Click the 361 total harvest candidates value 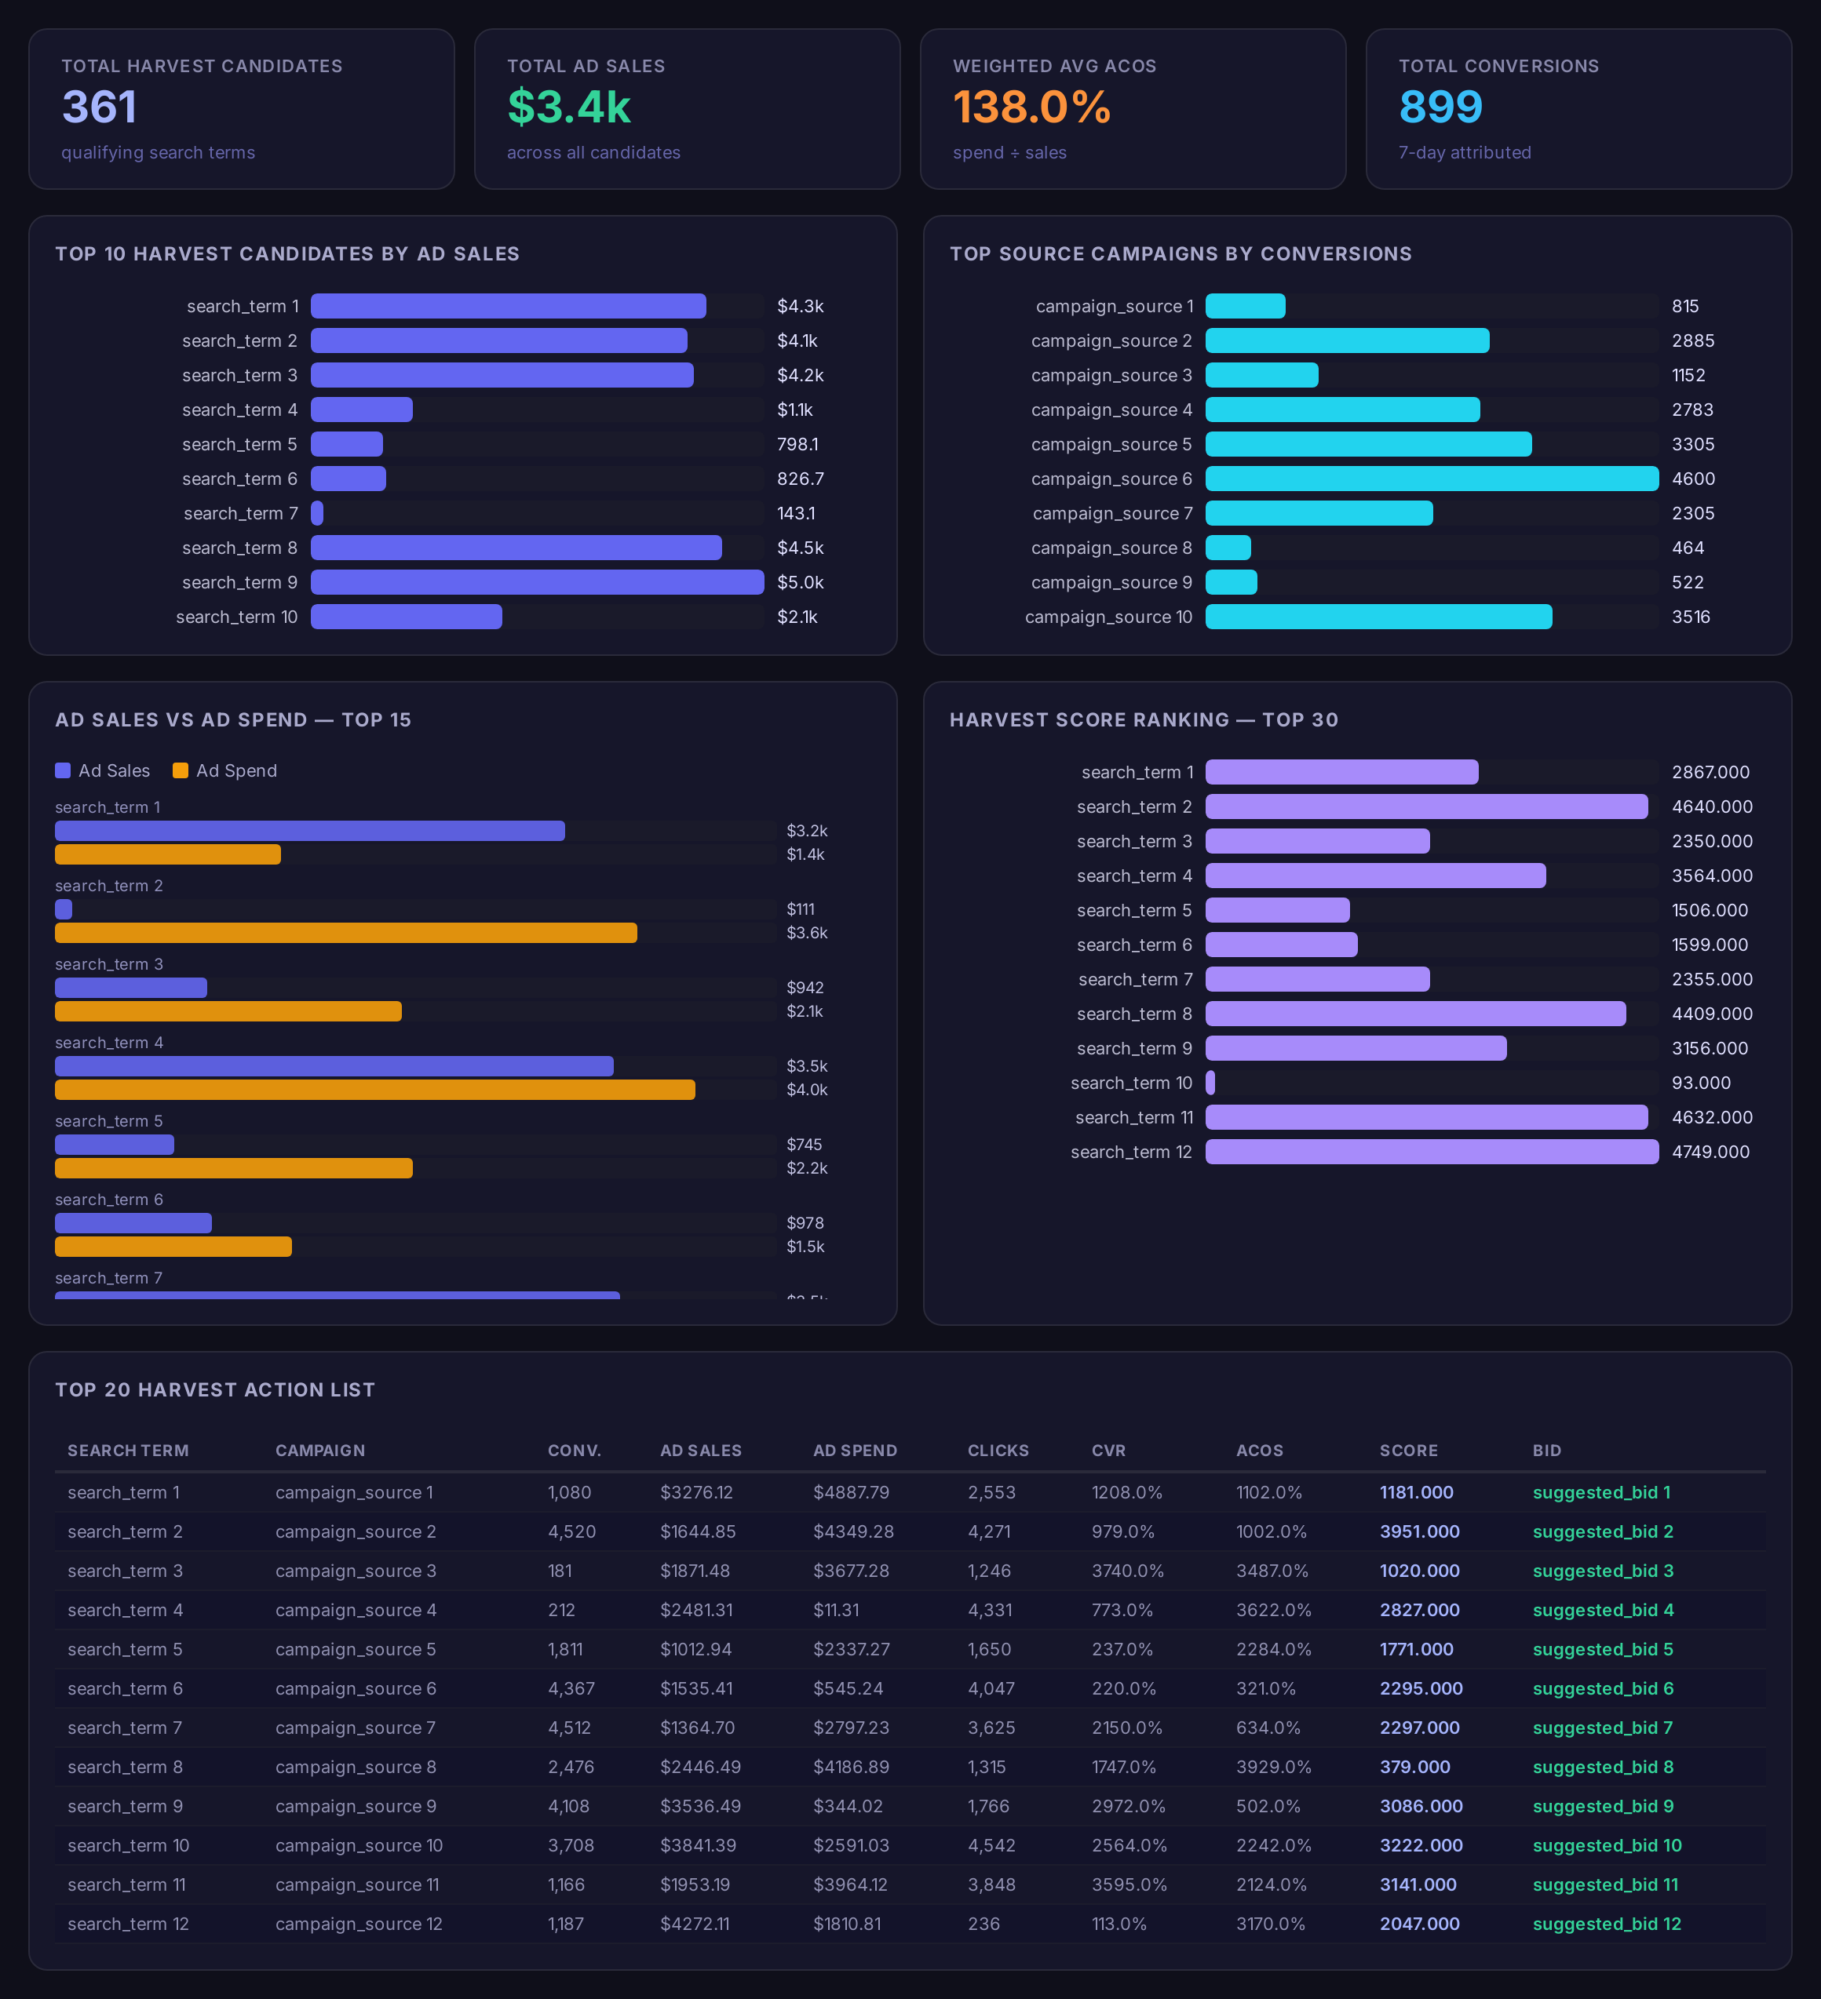point(99,107)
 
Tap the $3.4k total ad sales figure point(568,107)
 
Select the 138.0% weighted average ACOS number point(1031,107)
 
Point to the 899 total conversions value point(1440,107)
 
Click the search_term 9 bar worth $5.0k point(538,582)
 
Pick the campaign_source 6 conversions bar point(1432,479)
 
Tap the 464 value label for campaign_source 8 point(1688,548)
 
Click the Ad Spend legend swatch point(181,770)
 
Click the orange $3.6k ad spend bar point(346,933)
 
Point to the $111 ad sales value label point(801,909)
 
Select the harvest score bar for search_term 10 point(1210,1083)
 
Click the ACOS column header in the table point(1260,1451)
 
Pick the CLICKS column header point(998,1451)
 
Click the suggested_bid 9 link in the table point(1603,1807)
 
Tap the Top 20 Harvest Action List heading point(215,1390)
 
